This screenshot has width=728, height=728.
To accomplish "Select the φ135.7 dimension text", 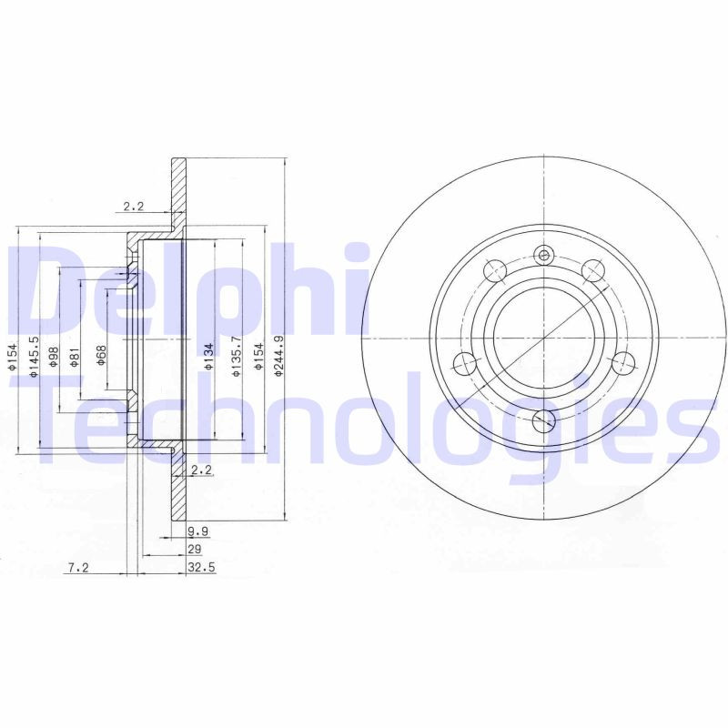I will (x=237, y=356).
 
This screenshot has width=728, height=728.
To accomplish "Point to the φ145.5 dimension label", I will (x=33, y=357).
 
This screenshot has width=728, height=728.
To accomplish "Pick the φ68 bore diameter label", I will (x=101, y=357).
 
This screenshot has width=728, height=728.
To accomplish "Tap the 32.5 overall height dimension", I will (x=198, y=569).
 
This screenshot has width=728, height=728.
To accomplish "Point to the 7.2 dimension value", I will (x=78, y=569).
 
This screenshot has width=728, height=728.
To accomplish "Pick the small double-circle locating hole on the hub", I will (x=544, y=255).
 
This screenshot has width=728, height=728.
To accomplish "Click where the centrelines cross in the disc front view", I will (x=543, y=338).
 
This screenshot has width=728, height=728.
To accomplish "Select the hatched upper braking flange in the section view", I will (x=178, y=195).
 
